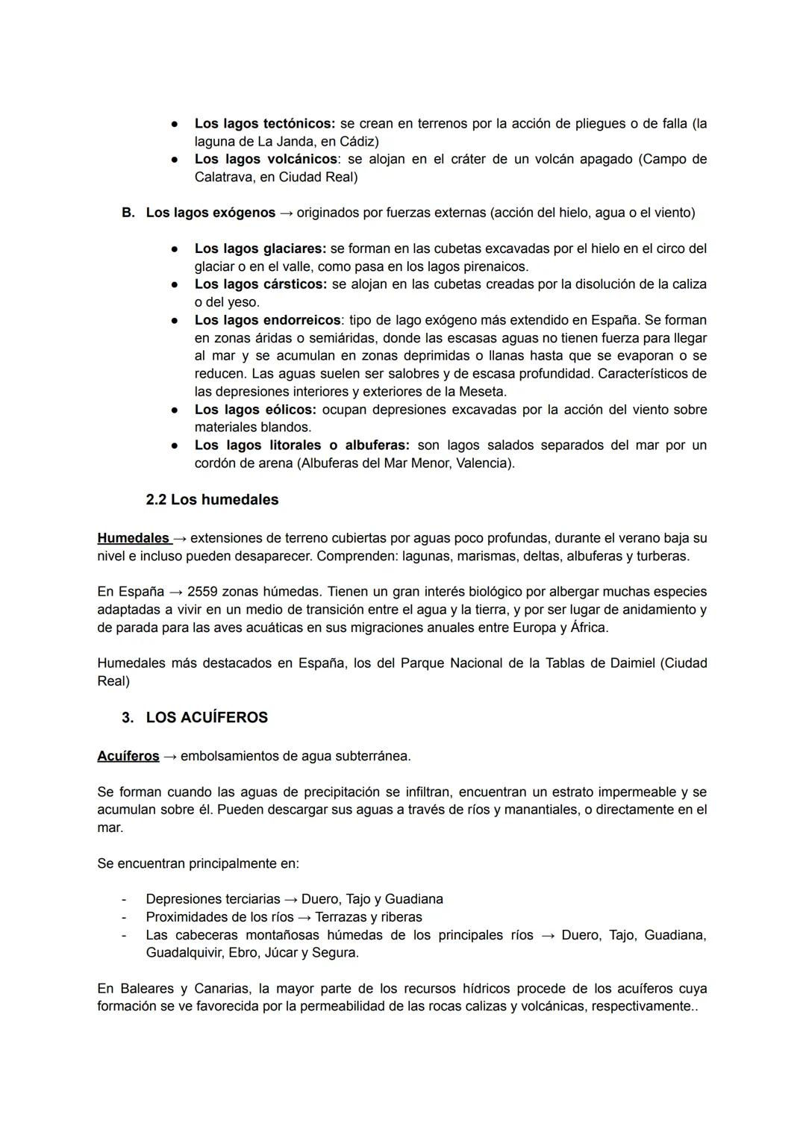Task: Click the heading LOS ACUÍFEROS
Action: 206,717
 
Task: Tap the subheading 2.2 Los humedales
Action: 212,500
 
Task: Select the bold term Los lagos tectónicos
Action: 265,123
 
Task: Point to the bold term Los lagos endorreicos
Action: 267,320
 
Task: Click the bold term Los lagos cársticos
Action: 260,284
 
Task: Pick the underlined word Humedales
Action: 133,538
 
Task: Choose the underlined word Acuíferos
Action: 128,756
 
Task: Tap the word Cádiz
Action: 357,141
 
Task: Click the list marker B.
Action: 128,213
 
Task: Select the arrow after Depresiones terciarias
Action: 290,899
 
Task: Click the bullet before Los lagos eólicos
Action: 173,410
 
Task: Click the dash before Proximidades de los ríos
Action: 124,917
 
